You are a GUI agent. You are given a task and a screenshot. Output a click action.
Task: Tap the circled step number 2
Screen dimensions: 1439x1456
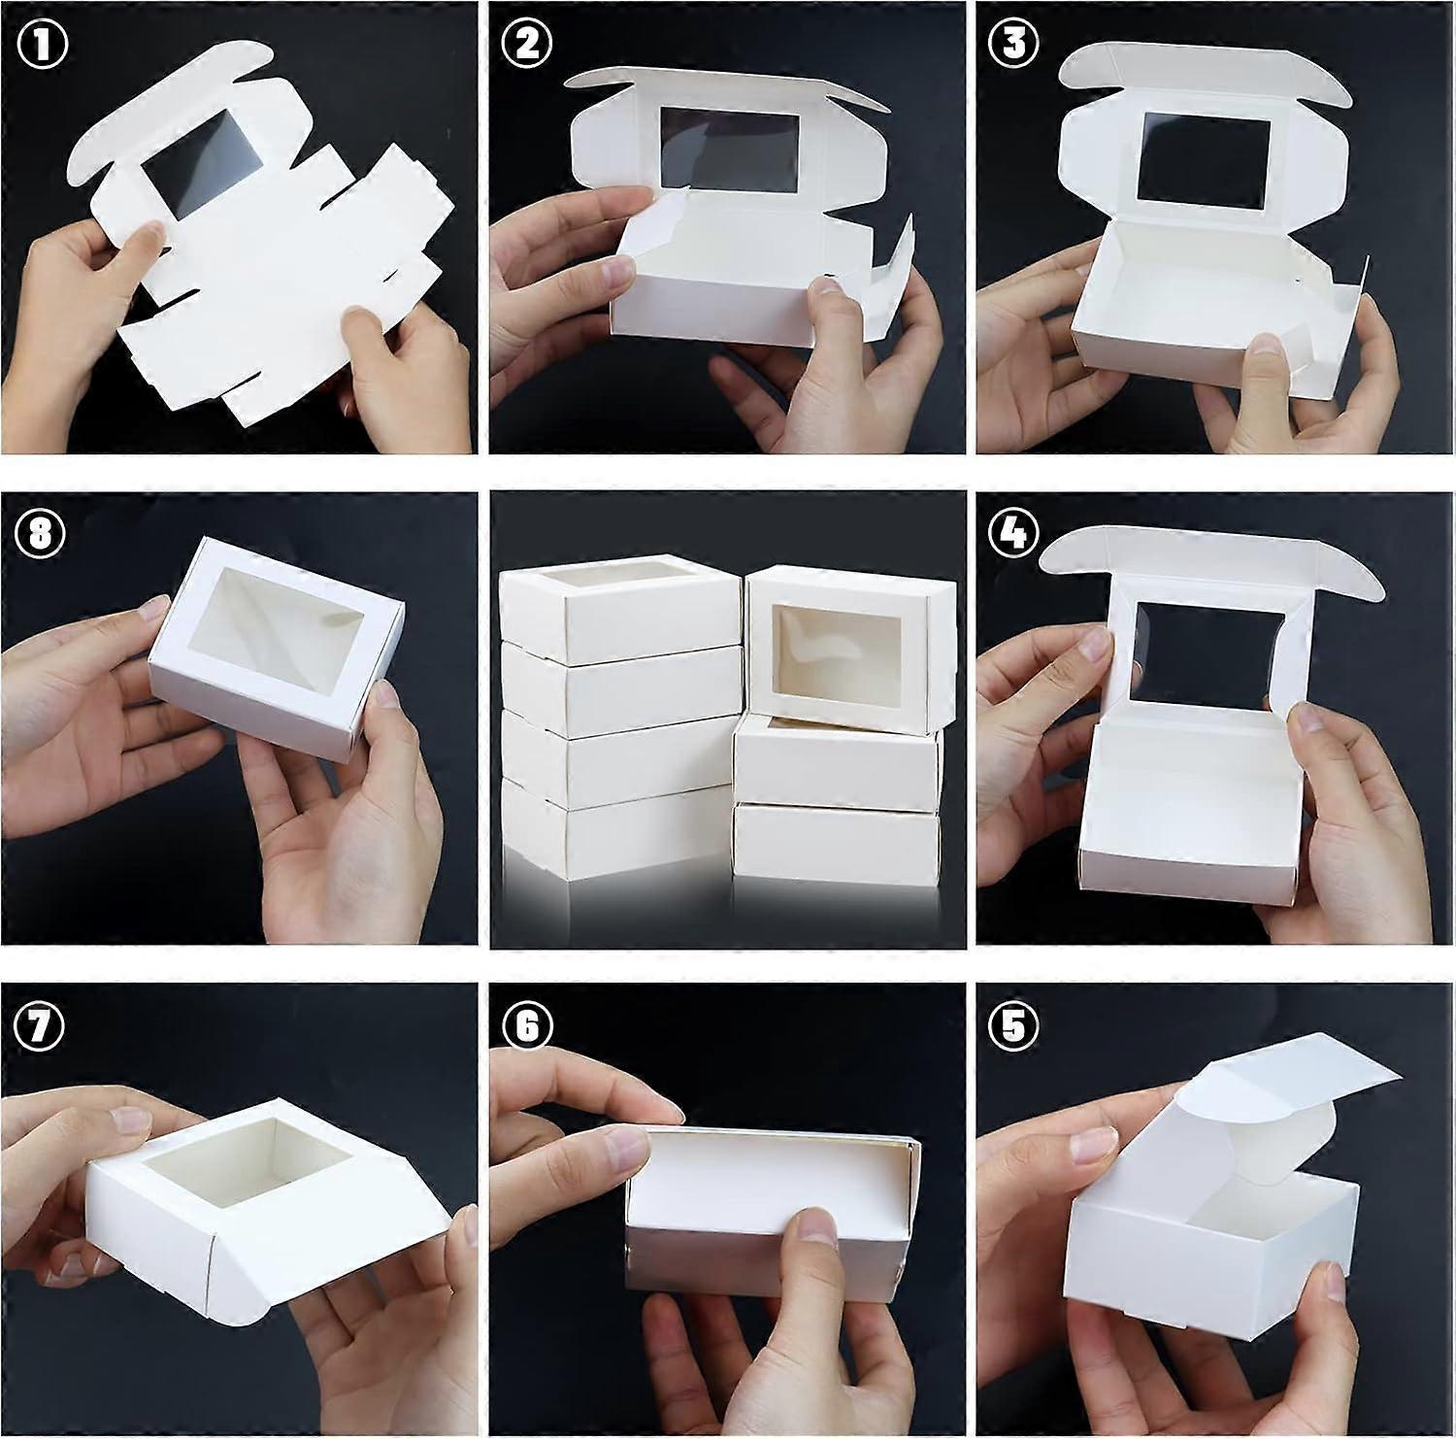527,45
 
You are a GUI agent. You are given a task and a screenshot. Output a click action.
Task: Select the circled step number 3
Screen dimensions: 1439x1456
1012,45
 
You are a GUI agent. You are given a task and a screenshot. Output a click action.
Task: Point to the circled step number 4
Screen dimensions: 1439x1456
1012,531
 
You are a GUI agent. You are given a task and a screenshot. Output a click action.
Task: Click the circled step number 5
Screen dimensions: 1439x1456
1012,1024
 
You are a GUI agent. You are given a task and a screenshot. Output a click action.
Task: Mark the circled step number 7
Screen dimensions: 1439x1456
42,1024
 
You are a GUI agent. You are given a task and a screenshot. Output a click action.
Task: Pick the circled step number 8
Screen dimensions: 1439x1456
42,533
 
